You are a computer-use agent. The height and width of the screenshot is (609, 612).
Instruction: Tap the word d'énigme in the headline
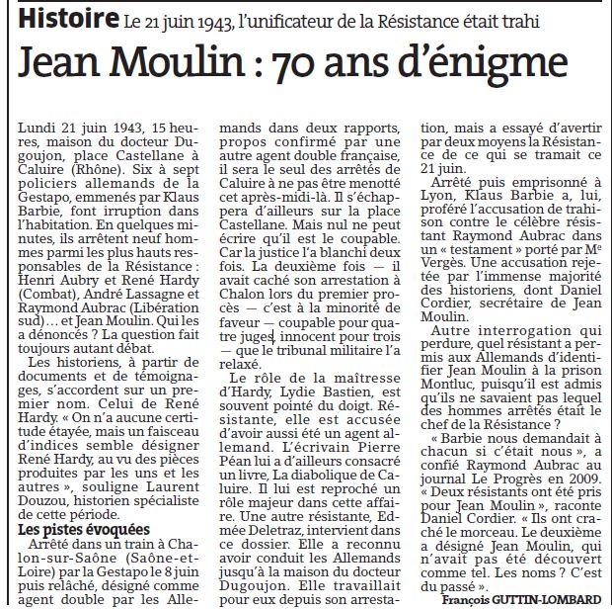[x=506, y=66]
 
